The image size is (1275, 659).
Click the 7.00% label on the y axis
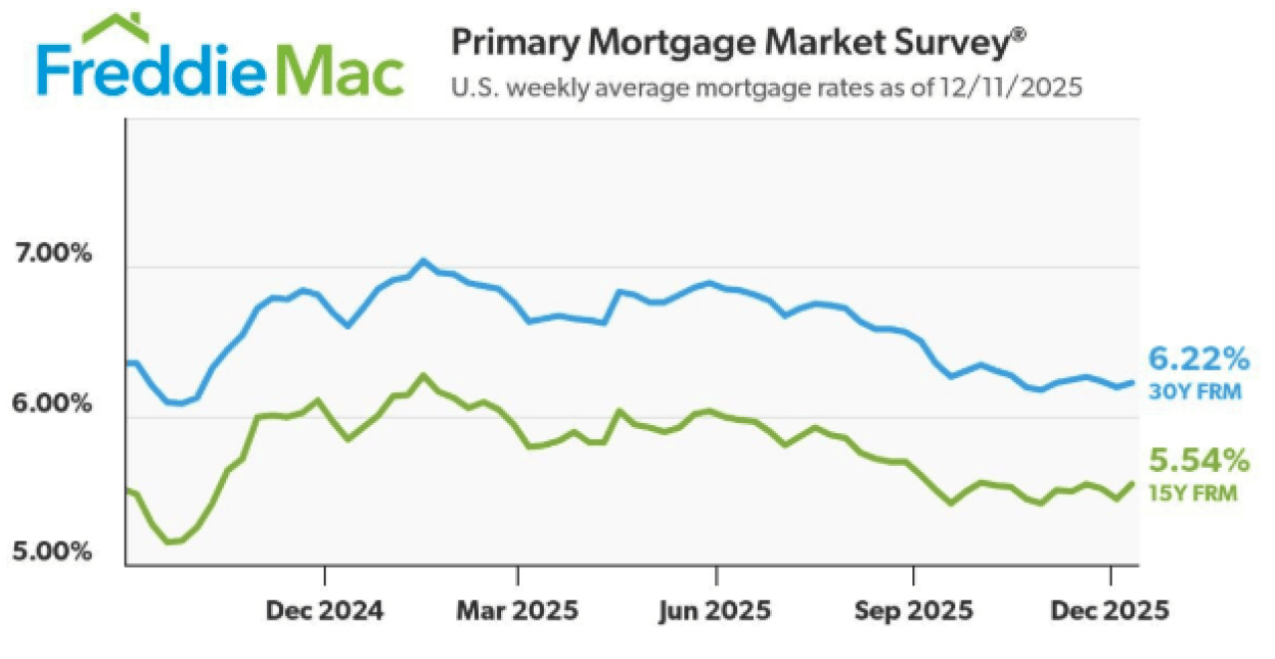53,254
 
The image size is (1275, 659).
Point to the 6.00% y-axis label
53,405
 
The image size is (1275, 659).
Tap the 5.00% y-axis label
53,551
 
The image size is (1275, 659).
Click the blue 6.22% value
1199,357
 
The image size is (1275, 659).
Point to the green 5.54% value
1199,460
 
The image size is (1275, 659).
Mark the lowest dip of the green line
169,542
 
